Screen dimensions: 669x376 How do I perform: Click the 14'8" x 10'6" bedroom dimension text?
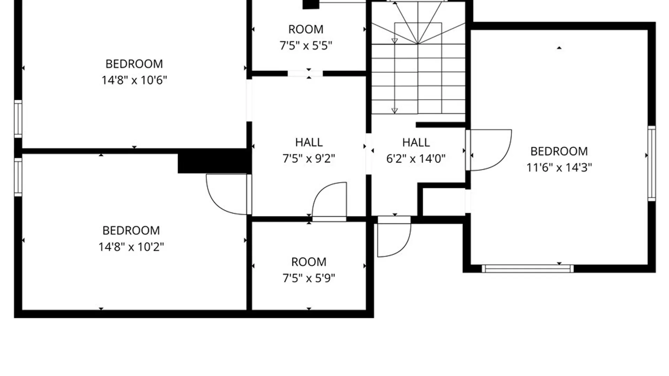click(134, 80)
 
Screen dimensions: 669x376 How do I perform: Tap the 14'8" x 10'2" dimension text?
click(131, 247)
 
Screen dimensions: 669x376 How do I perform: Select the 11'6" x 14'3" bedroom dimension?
click(559, 168)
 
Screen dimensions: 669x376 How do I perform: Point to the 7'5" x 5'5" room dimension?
click(306, 46)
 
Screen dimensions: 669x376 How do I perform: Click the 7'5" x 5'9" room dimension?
click(309, 278)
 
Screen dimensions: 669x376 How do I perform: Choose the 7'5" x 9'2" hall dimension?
click(309, 159)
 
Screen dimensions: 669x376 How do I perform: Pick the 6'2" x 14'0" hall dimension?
click(416, 159)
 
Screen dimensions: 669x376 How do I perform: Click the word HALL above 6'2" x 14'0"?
click(416, 142)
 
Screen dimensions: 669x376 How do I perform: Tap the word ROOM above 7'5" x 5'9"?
click(309, 262)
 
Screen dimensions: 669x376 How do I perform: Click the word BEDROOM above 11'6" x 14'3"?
click(559, 151)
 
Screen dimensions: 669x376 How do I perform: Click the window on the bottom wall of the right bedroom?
click(528, 268)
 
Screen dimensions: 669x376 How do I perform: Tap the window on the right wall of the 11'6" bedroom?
click(652, 163)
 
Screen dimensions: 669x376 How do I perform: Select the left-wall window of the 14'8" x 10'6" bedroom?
click(18, 119)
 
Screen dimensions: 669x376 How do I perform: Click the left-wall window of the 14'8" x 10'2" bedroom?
click(18, 177)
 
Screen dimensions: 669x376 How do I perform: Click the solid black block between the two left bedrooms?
click(215, 161)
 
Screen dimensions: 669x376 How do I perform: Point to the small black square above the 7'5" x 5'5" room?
click(311, 4)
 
